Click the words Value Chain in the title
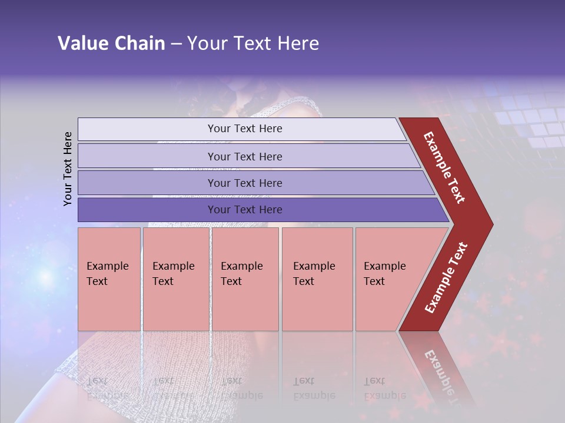point(111,43)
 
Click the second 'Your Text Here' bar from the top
point(245,156)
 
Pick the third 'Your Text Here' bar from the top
point(245,183)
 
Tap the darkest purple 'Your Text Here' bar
point(245,210)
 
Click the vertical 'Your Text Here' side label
point(68,169)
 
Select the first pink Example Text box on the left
point(109,278)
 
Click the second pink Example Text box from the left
point(175,278)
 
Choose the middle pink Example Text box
point(245,278)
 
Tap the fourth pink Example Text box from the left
point(317,278)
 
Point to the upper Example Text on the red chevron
point(444,167)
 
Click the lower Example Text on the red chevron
point(446,277)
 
